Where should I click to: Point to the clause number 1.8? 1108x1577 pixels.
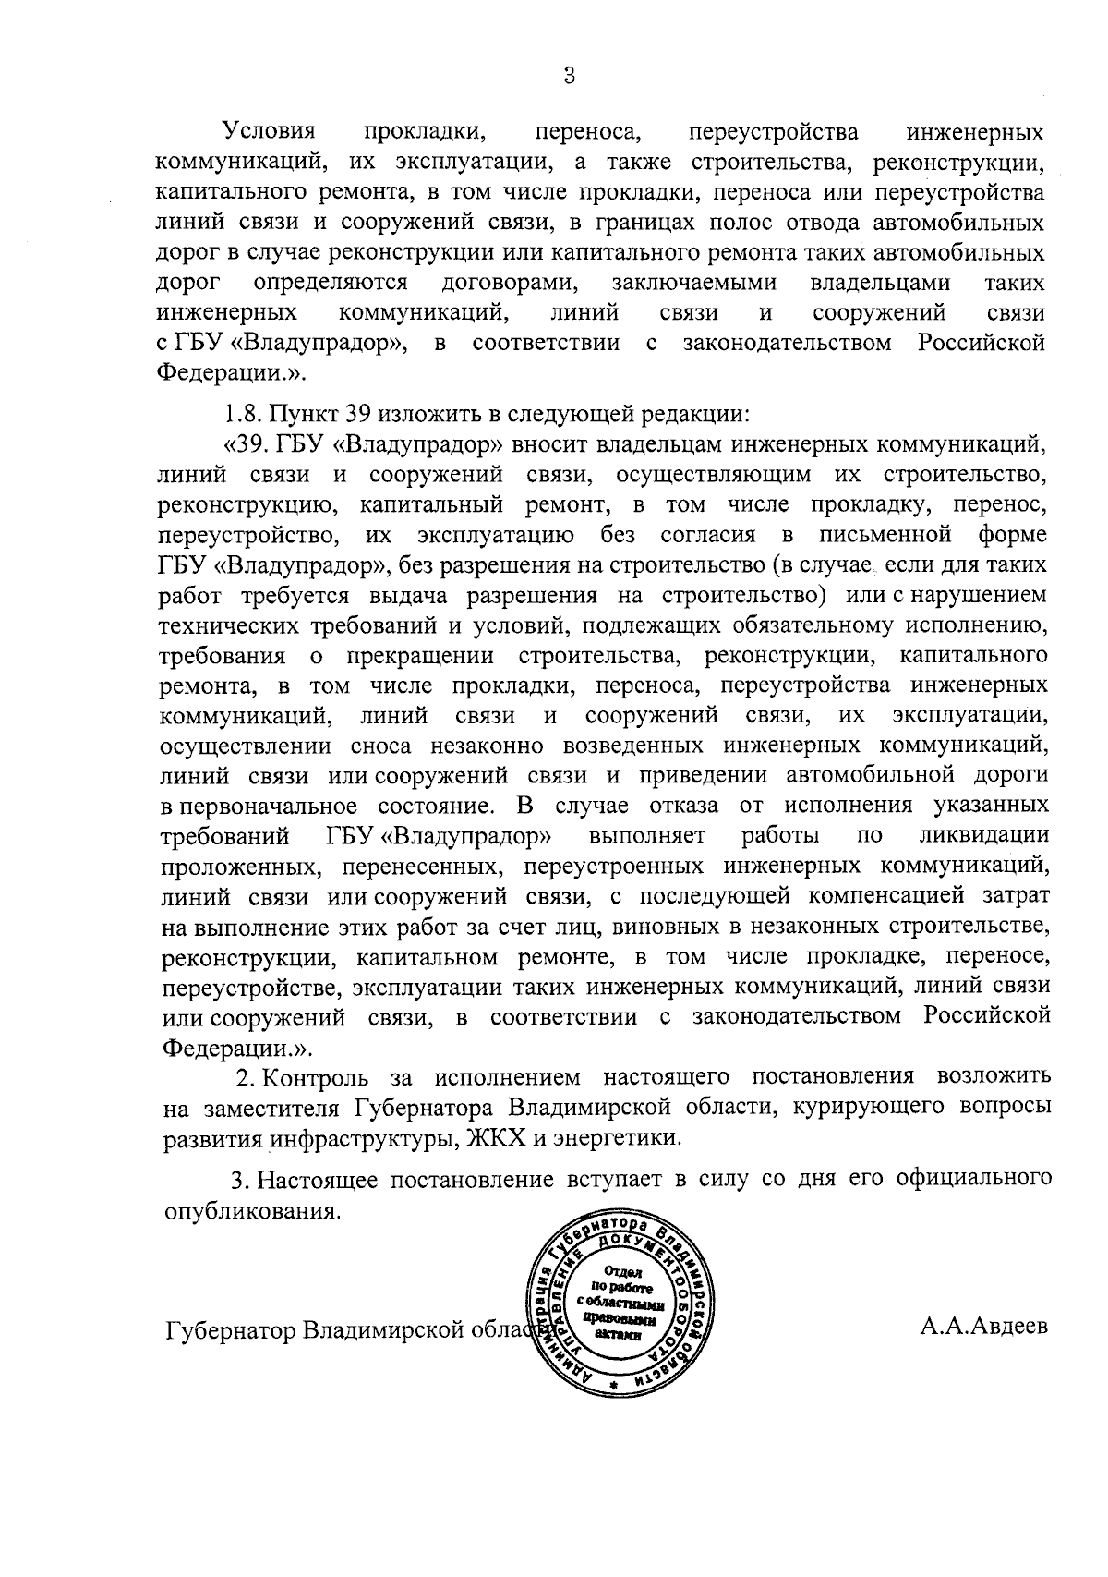(246, 413)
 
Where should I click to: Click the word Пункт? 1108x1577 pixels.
(308, 413)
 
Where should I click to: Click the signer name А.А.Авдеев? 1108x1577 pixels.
(983, 1328)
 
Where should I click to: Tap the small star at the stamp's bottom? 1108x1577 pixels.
(612, 1388)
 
